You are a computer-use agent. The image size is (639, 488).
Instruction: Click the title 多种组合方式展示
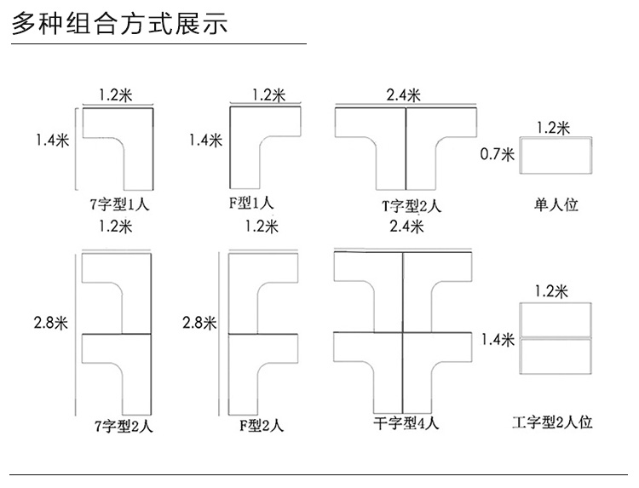[x=119, y=23]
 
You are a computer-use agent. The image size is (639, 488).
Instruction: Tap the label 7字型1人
[x=119, y=204]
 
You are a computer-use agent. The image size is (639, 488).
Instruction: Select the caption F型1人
[x=251, y=202]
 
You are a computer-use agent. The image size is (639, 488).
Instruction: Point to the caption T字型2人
[x=412, y=206]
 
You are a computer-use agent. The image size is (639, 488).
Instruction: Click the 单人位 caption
[x=556, y=204]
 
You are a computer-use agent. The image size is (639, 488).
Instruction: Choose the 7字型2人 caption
[x=124, y=426]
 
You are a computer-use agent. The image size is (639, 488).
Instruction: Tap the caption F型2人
[x=262, y=425]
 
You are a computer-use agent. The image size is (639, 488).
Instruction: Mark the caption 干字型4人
[x=406, y=422]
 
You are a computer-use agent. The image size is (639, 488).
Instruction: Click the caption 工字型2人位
[x=552, y=422]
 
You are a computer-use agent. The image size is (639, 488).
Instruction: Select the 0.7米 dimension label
[x=498, y=154]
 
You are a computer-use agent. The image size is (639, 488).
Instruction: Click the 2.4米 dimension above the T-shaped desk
[x=404, y=95]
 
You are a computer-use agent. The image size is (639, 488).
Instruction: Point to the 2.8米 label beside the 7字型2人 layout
[x=50, y=323]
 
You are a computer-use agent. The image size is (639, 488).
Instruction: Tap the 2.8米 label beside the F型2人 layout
[x=199, y=323]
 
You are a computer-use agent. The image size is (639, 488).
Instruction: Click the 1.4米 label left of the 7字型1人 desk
[x=53, y=141]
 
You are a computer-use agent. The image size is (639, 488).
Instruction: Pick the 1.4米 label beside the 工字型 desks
[x=498, y=339]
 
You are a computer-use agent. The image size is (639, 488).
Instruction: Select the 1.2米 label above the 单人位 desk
[x=553, y=128]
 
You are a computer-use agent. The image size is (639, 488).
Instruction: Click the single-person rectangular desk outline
[x=556, y=138]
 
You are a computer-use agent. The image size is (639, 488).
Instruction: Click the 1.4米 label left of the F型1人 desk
[x=205, y=141]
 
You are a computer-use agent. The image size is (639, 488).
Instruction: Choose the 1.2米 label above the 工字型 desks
[x=551, y=291]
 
